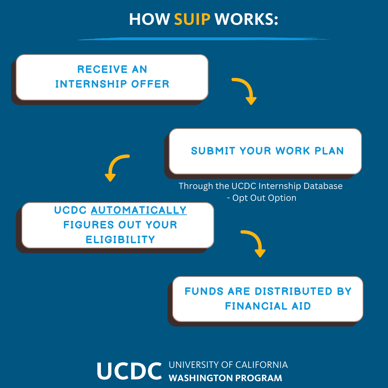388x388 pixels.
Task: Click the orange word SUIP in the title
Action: click(192, 19)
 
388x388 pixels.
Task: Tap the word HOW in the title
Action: click(149, 19)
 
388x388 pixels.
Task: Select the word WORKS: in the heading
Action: click(246, 19)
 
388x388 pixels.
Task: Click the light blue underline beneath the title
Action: click(203, 38)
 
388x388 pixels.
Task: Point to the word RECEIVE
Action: click(102, 69)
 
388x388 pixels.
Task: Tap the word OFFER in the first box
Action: click(150, 84)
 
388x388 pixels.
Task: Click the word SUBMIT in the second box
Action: click(213, 151)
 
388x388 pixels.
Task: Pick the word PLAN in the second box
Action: click(329, 151)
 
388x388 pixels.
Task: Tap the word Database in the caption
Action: click(323, 186)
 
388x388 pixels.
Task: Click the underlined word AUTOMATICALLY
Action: click(139, 210)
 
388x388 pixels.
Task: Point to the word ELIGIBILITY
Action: click(120, 240)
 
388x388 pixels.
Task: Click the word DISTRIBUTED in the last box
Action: click(294, 291)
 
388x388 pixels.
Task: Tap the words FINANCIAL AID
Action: click(268, 306)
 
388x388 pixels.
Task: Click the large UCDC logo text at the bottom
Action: click(129, 371)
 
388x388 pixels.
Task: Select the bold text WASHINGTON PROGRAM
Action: click(225, 378)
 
